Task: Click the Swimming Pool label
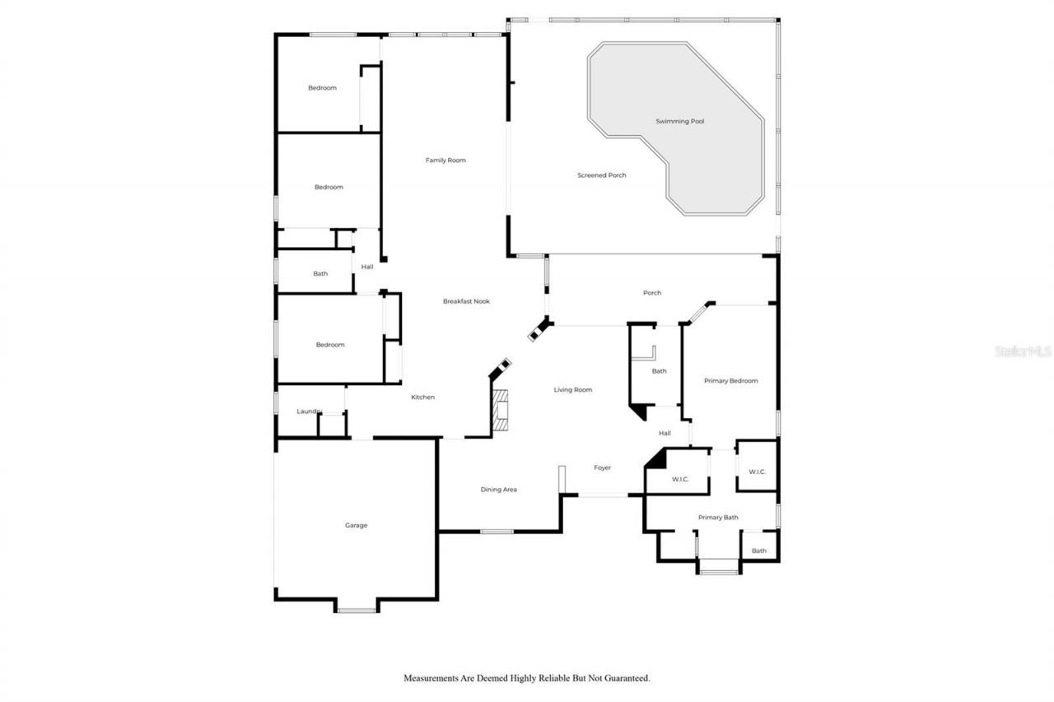pos(679,121)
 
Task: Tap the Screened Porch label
pos(601,175)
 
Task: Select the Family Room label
pos(445,160)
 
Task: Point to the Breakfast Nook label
pos(466,301)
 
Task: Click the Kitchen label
pos(422,397)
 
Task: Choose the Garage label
pos(356,525)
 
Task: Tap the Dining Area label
pos(498,490)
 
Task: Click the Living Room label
pos(572,389)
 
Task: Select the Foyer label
pos(603,467)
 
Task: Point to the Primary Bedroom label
pos(730,381)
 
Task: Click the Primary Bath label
pos(718,518)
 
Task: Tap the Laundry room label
pos(309,411)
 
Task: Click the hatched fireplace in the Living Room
pos(501,409)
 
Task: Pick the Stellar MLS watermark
pos(1024,351)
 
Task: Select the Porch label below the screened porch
pos(651,293)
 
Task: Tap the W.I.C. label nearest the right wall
pos(757,472)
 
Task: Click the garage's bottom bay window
pos(357,610)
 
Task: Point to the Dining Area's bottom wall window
pos(497,532)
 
